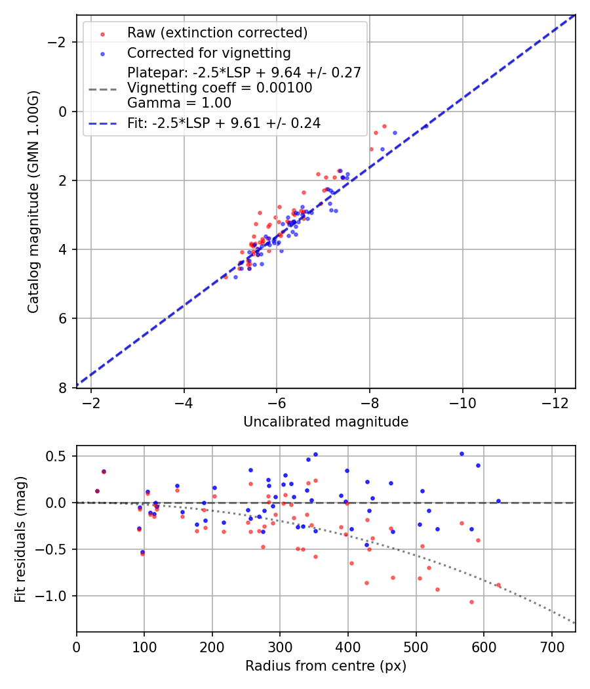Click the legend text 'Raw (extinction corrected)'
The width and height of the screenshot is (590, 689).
[x=217, y=33]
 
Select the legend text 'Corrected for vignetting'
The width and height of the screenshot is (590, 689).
[x=208, y=52]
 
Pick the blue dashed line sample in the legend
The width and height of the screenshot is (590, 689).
[x=102, y=123]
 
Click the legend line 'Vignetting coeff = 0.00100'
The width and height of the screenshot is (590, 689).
[x=220, y=88]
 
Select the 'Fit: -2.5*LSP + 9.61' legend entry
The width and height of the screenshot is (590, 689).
[x=224, y=123]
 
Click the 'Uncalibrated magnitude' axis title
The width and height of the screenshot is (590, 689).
[x=326, y=422]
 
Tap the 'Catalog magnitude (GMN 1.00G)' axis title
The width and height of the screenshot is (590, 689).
[x=33, y=201]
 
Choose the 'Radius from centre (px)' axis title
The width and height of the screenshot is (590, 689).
[x=326, y=666]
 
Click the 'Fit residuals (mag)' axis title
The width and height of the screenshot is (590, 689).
[x=20, y=539]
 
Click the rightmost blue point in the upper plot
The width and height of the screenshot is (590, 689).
[x=425, y=126]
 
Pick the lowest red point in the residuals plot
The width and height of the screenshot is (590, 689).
[x=471, y=602]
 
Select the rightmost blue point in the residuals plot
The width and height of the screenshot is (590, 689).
[x=498, y=501]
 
